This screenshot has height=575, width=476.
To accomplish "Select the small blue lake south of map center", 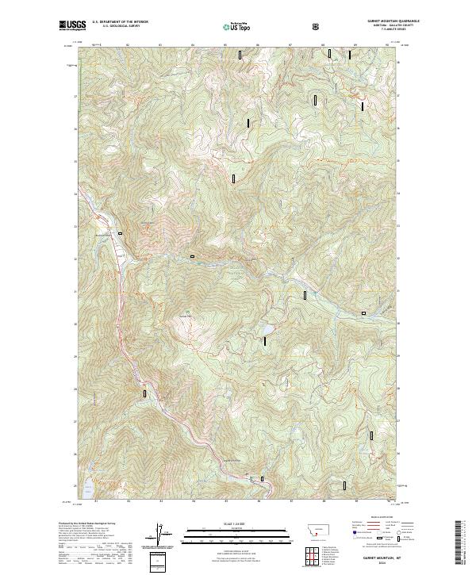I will point(268,328).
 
